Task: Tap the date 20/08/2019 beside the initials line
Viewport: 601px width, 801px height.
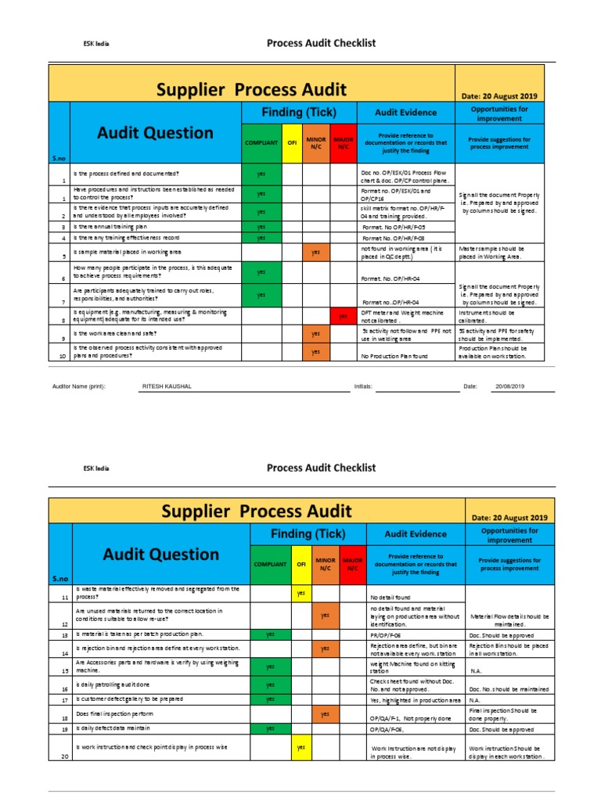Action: [x=509, y=386]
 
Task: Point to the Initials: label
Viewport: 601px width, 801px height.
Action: [x=363, y=386]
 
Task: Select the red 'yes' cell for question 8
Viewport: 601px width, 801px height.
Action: [x=342, y=316]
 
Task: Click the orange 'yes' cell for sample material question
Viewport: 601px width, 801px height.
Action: [x=315, y=253]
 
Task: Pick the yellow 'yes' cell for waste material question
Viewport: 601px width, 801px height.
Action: [x=300, y=594]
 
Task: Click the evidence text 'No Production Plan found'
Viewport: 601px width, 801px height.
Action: [x=394, y=357]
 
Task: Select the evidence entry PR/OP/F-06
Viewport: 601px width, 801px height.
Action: [x=386, y=634]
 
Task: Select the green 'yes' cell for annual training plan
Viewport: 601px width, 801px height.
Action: [x=261, y=227]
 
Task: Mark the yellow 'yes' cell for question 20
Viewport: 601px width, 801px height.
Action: [x=300, y=748]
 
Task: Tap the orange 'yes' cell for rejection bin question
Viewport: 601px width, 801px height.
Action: [x=325, y=648]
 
